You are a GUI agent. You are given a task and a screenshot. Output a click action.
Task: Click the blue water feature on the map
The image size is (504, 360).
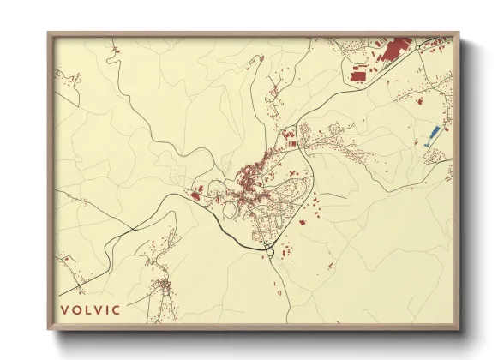click(x=434, y=135)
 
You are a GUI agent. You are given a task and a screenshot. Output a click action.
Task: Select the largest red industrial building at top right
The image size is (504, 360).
click(x=394, y=50)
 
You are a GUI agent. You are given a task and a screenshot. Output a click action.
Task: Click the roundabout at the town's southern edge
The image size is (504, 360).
click(x=272, y=250)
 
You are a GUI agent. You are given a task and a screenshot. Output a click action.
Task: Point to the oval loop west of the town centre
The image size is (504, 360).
click(x=229, y=207)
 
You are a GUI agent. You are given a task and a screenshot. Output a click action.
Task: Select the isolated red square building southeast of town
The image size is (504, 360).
click(x=302, y=222)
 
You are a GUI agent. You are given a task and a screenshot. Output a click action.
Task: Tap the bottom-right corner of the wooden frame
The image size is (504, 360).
click(x=459, y=330)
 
